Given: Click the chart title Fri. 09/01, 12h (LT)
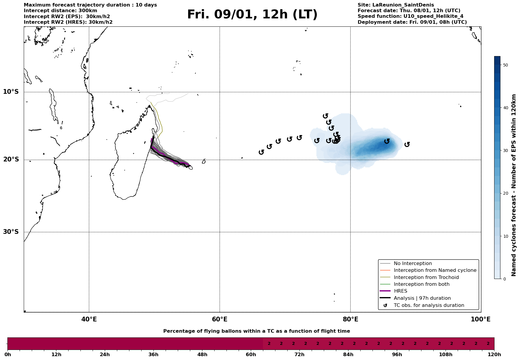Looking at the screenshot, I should [252, 15].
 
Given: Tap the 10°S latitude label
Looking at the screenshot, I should [11, 92].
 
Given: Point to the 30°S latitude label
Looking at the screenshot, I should [11, 232].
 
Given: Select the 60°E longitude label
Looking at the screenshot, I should [220, 319].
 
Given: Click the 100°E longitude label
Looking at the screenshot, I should [481, 319].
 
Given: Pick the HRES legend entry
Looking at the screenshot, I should [400, 291].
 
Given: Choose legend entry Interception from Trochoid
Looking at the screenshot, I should [426, 277].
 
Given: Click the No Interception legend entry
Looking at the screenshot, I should [413, 264].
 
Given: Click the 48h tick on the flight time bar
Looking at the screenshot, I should [202, 354].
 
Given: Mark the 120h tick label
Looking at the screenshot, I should [494, 354].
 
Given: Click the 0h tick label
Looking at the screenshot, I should [8, 354].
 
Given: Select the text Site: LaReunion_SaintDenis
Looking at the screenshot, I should [396, 5].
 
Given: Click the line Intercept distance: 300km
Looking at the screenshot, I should [60, 11].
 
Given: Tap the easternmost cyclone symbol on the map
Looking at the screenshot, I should [407, 144].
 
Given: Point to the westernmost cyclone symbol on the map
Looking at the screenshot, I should [261, 152].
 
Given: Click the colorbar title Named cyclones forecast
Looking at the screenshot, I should [514, 185].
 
